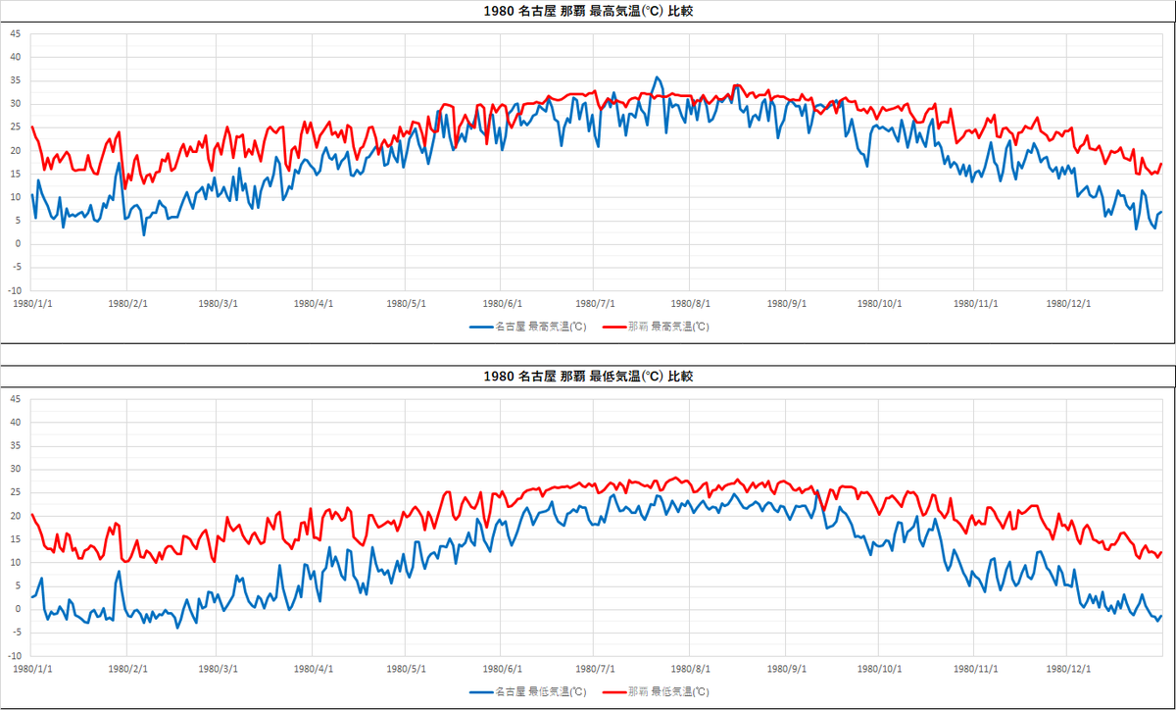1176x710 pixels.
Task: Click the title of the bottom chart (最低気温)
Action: tap(588, 377)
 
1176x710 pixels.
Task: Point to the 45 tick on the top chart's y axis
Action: tap(15, 33)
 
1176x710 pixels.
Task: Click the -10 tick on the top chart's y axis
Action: tap(13, 290)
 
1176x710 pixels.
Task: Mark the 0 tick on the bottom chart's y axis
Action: tap(17, 609)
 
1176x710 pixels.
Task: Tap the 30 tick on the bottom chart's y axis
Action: tap(15, 469)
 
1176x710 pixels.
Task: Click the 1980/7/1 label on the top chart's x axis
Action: tap(595, 304)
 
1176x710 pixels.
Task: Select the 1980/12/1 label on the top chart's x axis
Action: tap(1067, 304)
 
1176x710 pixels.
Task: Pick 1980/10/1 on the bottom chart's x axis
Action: tap(878, 669)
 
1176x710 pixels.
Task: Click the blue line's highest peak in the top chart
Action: tap(658, 77)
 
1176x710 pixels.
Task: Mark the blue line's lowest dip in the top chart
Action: tap(144, 234)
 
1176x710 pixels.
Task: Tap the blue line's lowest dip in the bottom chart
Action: tap(177, 626)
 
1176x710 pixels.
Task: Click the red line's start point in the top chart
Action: tap(32, 127)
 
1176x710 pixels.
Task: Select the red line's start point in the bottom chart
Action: tap(32, 514)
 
